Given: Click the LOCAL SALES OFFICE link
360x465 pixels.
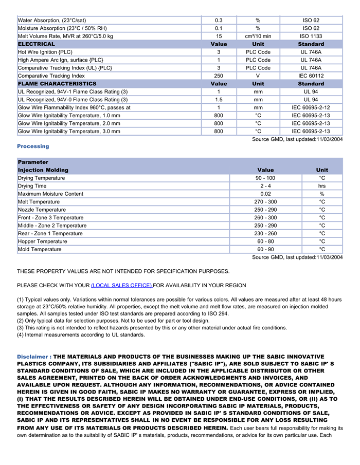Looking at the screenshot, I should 121,285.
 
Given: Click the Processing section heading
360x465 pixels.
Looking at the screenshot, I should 33,146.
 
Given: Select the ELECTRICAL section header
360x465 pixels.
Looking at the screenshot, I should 37,44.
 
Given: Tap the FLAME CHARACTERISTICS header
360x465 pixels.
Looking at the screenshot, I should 57,84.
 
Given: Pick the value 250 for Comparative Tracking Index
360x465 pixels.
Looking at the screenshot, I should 219,76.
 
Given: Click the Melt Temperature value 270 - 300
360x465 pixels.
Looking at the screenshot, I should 265,202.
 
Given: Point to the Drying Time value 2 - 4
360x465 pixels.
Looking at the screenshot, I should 265,186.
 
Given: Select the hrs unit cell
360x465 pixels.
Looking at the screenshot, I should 322,186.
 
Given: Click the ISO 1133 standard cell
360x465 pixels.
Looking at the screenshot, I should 311,36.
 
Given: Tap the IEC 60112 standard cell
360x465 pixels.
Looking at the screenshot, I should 311,76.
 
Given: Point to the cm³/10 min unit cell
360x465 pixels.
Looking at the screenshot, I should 258,36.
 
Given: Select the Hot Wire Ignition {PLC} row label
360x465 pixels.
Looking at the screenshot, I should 45,52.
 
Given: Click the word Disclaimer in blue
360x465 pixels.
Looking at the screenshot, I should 33,357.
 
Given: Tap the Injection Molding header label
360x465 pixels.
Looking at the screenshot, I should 43,170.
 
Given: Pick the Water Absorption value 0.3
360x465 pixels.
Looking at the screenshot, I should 219,21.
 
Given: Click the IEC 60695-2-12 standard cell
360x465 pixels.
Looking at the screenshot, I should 311,107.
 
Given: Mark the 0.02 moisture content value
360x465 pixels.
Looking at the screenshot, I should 265,194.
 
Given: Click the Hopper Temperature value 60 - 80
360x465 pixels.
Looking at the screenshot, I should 265,241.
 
